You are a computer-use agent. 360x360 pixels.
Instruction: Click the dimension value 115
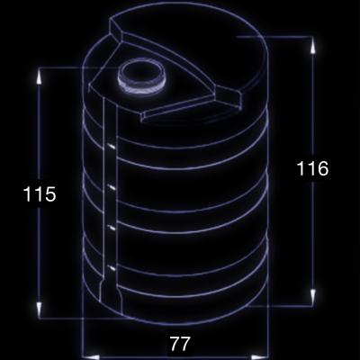point(40,193)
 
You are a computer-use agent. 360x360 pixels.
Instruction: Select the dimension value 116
point(312,168)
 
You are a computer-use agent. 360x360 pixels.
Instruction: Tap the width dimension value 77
point(180,344)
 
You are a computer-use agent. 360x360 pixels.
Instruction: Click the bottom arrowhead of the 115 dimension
point(39,309)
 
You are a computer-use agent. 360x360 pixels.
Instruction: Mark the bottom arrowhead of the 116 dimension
point(312,298)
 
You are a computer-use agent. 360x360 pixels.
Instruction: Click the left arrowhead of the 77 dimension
point(91,357)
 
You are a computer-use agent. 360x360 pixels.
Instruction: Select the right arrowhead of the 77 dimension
point(259,357)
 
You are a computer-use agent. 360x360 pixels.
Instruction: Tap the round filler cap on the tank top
point(141,76)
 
